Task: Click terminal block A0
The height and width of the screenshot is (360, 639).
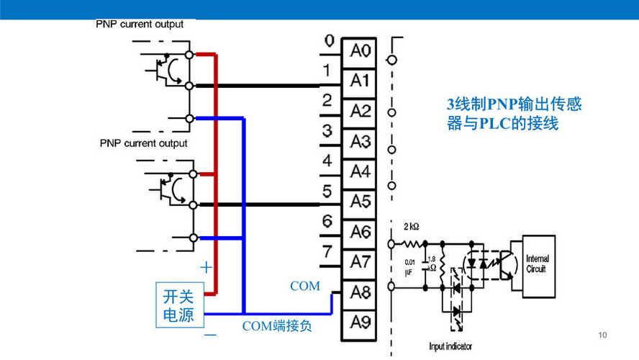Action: click(x=360, y=51)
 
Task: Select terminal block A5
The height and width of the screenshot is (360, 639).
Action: click(x=360, y=201)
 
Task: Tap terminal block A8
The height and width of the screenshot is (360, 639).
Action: click(x=360, y=292)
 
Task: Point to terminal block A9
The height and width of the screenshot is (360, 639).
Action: click(x=360, y=321)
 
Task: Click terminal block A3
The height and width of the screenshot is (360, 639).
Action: click(x=360, y=141)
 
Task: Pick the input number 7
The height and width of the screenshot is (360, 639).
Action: click(x=327, y=253)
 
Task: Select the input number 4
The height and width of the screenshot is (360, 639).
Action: click(x=327, y=161)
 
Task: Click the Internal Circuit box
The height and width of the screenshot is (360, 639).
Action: click(x=537, y=264)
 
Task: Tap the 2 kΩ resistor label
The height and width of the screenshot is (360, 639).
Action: click(x=412, y=226)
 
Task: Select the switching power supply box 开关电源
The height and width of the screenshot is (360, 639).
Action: click(x=178, y=306)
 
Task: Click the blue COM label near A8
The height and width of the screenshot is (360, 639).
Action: click(x=304, y=286)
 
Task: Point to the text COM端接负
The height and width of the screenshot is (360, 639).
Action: click(x=276, y=326)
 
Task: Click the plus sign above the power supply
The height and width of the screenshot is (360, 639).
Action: click(x=207, y=268)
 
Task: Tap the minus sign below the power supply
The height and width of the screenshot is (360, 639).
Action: click(x=209, y=335)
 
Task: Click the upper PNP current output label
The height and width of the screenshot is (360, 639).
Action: click(x=140, y=24)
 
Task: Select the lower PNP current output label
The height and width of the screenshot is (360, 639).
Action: click(x=143, y=143)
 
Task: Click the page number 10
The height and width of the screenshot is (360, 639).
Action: click(x=603, y=336)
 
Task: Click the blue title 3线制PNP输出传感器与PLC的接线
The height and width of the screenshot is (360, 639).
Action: click(x=514, y=114)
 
